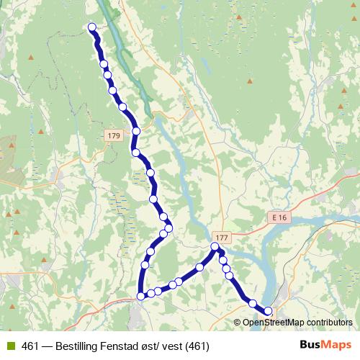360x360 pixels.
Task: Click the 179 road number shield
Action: pos(113,136)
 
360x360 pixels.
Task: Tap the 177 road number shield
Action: pos(221,238)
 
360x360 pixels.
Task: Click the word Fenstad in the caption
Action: pos(123,346)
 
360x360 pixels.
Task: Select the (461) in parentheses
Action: pos(196,346)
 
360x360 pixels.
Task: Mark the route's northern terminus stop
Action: pos(92,27)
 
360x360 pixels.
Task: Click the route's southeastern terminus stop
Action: pos(269,311)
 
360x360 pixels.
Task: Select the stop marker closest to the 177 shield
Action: pos(215,247)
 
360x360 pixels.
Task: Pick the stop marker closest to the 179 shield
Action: pos(135,131)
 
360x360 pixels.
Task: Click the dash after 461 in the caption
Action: pos(48,346)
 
